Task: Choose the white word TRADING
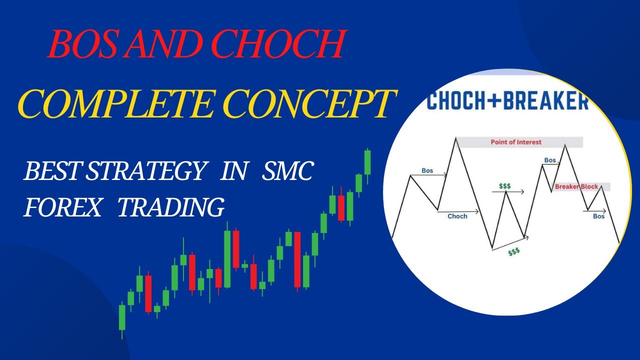pos(170,207)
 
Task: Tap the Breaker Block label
pos(576,186)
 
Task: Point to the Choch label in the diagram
pos(457,216)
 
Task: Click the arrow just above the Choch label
pos(457,211)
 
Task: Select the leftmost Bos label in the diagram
pos(427,170)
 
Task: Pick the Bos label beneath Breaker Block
pos(598,216)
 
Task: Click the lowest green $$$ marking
pos(513,252)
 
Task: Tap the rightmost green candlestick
pos(367,162)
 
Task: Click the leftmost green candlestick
pos(122,317)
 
